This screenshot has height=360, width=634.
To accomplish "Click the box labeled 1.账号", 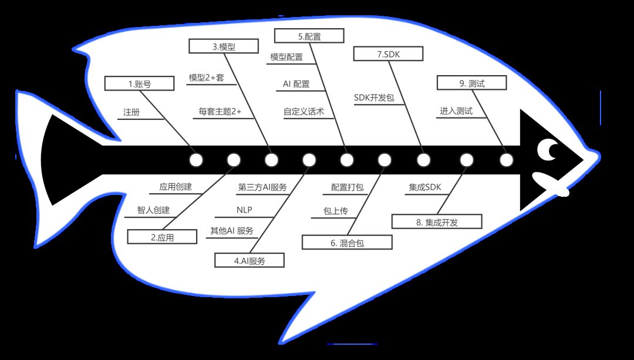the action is pyautogui.click(x=140, y=83).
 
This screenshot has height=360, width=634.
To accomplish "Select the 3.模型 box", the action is pyautogui.click(x=224, y=46).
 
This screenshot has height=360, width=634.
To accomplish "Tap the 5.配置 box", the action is pyautogui.click(x=309, y=36).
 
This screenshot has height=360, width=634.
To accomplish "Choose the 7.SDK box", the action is pyautogui.click(x=388, y=54).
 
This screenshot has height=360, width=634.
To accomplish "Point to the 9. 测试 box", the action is pyautogui.click(x=472, y=83).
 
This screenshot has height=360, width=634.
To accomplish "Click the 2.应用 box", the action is pyautogui.click(x=162, y=237).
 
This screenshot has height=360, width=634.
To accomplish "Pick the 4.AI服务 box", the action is pyautogui.click(x=249, y=261).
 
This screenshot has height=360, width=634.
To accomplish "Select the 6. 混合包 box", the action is pyautogui.click(x=347, y=243).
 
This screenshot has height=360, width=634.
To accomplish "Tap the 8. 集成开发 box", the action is pyautogui.click(x=437, y=221).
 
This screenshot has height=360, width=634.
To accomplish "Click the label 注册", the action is pyautogui.click(x=131, y=112).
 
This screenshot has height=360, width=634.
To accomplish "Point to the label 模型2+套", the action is pyautogui.click(x=206, y=78).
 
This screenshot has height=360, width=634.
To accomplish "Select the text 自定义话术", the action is pyautogui.click(x=303, y=111).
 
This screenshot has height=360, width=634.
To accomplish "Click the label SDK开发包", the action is pyautogui.click(x=374, y=97).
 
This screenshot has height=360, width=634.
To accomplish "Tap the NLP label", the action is pyautogui.click(x=244, y=210).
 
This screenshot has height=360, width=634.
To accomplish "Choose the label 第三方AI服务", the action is pyautogui.click(x=262, y=187).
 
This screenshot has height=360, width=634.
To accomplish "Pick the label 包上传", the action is pyautogui.click(x=336, y=211).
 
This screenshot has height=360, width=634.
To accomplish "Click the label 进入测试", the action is pyautogui.click(x=456, y=111).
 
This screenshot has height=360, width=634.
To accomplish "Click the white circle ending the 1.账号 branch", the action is pyautogui.click(x=196, y=160).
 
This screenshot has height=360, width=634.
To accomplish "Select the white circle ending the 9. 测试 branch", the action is pyautogui.click(x=506, y=160).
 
